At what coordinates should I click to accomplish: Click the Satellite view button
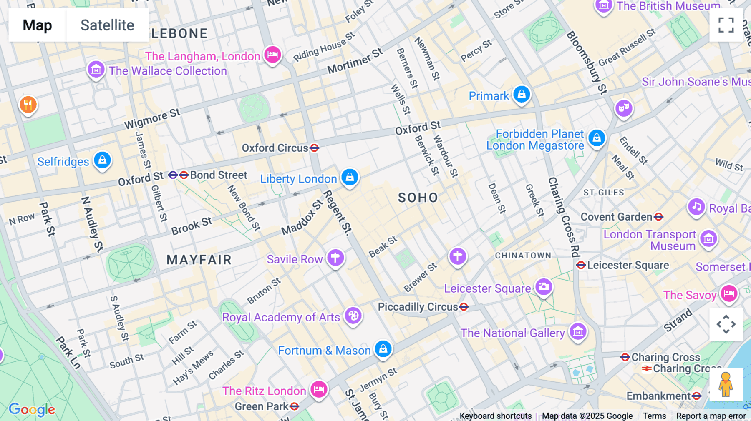coord(107,25)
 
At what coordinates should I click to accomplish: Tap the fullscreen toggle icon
coord(726,25)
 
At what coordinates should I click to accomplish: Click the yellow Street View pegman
coord(726,384)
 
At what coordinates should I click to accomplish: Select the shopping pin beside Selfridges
coord(102,160)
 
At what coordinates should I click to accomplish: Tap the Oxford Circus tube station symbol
coord(315,148)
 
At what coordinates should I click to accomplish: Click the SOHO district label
coord(418,198)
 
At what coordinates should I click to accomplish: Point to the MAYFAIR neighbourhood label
coord(199,260)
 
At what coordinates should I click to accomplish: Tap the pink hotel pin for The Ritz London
coord(319,389)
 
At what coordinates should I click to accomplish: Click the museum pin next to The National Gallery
coord(578,332)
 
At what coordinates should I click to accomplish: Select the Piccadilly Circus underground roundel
coord(464,307)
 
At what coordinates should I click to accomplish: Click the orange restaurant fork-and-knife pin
coord(28,105)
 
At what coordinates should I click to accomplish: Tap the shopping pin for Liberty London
coord(350,177)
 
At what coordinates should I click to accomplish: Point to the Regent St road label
coord(338,212)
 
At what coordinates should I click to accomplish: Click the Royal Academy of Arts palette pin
coord(353,316)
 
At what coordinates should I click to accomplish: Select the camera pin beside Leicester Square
coord(544,287)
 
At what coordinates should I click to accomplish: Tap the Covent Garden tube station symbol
coord(658,217)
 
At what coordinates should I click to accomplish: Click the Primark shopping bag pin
coord(522,95)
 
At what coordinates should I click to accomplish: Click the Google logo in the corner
coord(32,410)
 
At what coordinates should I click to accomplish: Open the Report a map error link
coord(711,416)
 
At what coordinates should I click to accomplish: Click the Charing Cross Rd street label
coord(564,217)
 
